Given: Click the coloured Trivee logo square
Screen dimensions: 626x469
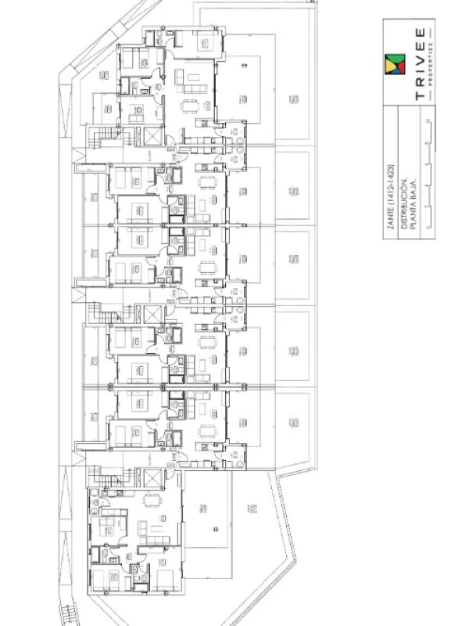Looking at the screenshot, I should [x=396, y=65].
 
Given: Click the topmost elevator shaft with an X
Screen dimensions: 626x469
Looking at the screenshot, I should [x=151, y=137].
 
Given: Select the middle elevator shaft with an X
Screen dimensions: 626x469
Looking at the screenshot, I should [x=151, y=314].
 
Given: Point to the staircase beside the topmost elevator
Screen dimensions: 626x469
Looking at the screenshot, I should [x=102, y=142].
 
